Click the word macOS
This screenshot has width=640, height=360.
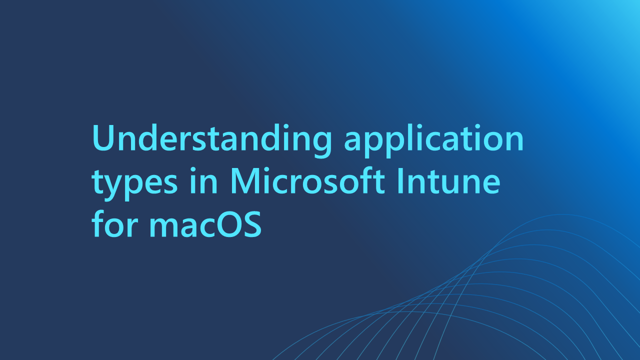pyautogui.click(x=205, y=225)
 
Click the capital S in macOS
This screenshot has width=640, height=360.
pyautogui.click(x=253, y=225)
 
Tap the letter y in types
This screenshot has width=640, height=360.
pyautogui.click(x=114, y=186)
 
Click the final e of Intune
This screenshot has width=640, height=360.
pyautogui.click(x=490, y=183)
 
